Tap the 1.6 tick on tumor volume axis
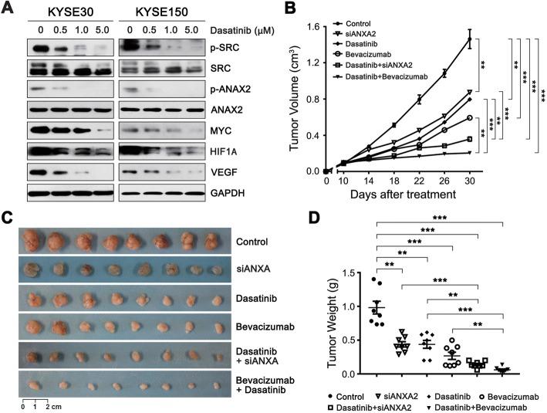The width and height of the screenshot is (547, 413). [x=312, y=28]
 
